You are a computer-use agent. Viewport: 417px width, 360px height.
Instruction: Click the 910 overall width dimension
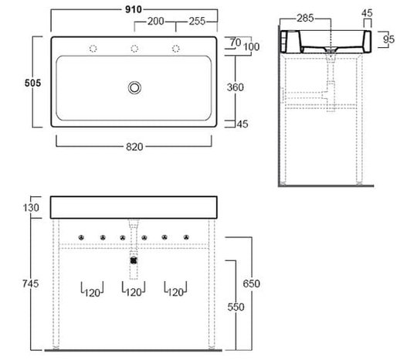(134, 9)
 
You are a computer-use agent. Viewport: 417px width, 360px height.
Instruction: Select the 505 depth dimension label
(32, 83)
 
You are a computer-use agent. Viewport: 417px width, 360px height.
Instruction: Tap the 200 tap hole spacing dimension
(156, 22)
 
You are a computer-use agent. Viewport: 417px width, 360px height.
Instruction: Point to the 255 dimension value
(197, 22)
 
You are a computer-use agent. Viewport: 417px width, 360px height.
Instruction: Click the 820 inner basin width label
(134, 147)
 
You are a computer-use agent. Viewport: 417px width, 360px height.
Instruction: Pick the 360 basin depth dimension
(235, 87)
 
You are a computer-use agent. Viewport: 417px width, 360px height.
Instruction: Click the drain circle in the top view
(134, 88)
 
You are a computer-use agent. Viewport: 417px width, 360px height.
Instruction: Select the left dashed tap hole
(93, 49)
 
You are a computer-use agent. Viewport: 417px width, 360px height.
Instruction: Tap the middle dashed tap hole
(134, 49)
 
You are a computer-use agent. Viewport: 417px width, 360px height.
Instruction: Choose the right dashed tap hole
(176, 49)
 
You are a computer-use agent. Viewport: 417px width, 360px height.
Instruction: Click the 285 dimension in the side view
(305, 18)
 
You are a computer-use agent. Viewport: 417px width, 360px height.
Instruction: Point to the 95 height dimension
(388, 39)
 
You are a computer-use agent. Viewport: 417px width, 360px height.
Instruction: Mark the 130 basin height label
(31, 208)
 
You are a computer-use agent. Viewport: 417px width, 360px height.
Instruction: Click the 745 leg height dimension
(31, 284)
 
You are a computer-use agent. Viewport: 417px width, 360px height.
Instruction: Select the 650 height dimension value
(251, 284)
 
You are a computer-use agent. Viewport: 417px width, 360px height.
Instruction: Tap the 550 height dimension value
(236, 307)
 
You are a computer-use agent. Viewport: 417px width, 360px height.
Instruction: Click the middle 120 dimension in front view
(134, 293)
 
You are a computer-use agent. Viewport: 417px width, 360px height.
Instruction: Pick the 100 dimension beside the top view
(251, 47)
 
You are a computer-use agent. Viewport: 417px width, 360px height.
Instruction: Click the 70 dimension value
(236, 42)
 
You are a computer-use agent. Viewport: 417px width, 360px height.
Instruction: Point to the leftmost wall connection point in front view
(81, 237)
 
